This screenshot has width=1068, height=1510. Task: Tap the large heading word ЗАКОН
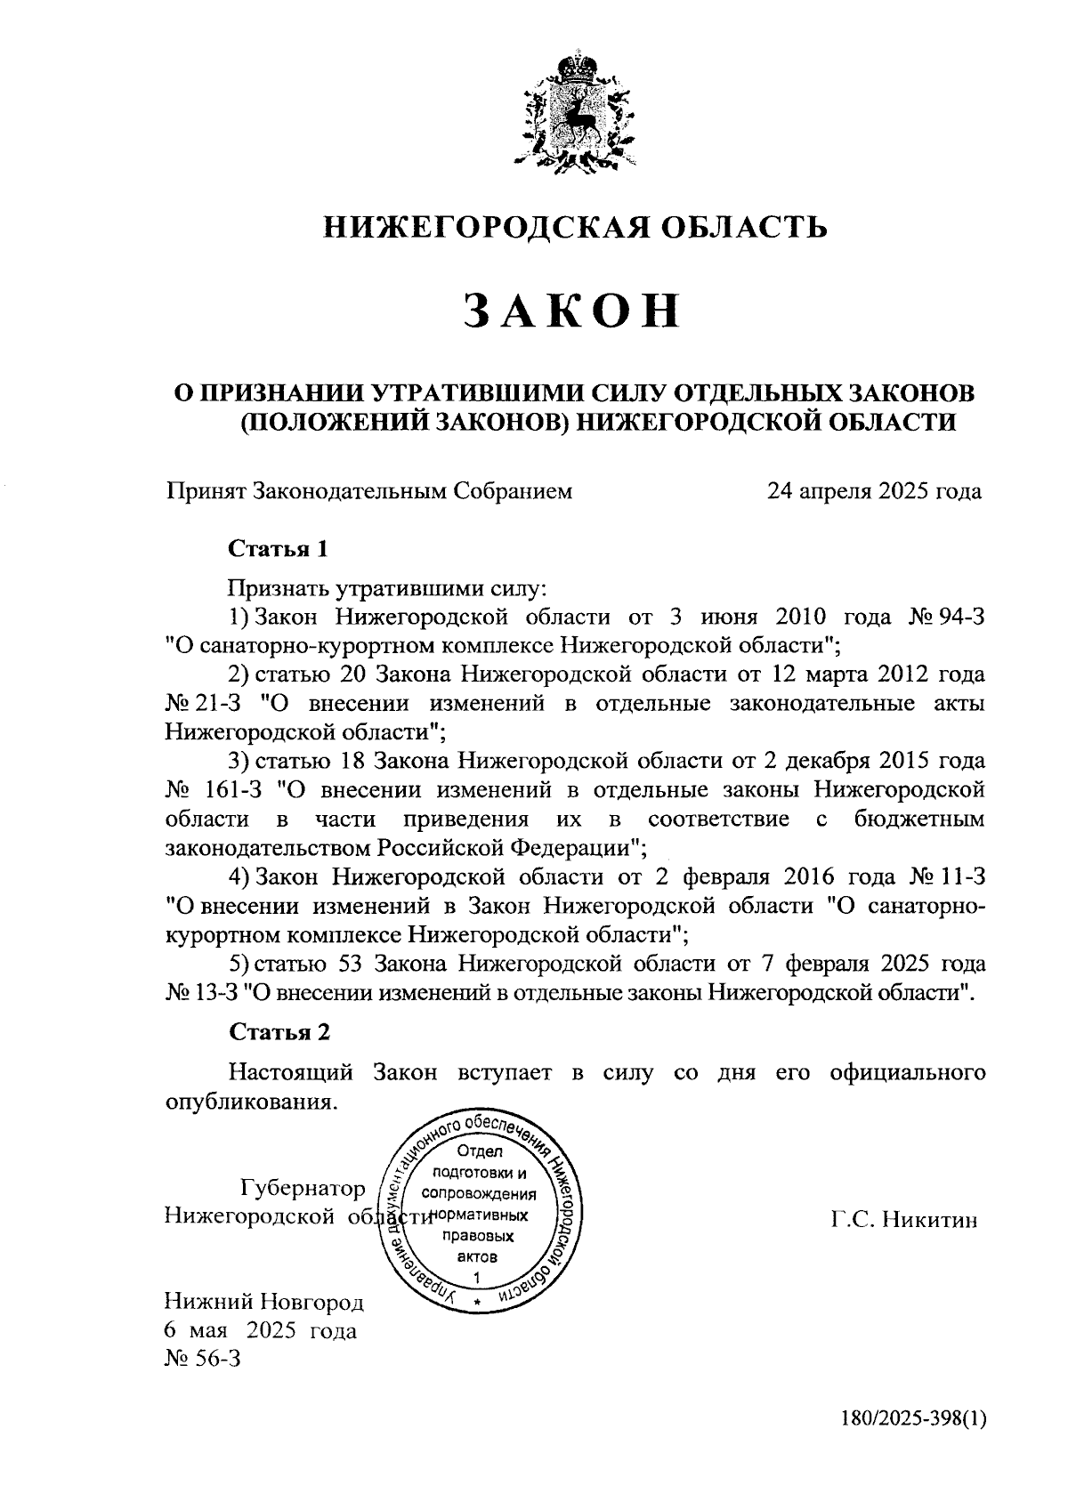click(x=574, y=312)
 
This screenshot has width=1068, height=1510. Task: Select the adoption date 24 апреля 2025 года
click(x=875, y=491)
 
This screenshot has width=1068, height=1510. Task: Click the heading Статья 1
click(x=279, y=549)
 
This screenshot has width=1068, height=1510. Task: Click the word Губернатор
click(x=303, y=1189)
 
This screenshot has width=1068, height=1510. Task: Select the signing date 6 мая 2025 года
click(x=261, y=1331)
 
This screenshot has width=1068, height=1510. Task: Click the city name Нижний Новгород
click(x=264, y=1304)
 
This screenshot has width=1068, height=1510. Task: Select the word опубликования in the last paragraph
click(x=252, y=1102)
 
